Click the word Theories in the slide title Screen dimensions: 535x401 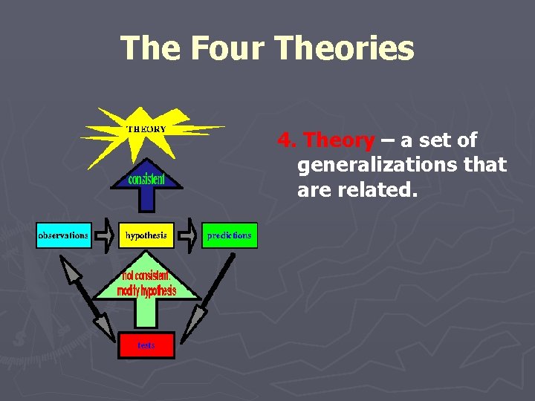pos(344,48)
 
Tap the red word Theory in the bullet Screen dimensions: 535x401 pos(339,140)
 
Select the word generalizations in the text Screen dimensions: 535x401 pos(378,164)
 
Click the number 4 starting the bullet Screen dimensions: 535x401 pos(284,140)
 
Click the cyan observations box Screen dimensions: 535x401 pos(63,235)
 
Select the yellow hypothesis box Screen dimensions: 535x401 pos(146,235)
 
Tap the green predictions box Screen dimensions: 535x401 pos(229,235)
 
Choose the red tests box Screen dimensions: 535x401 pos(146,345)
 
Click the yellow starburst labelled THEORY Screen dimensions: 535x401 pos(146,130)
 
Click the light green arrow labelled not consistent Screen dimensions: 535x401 pos(146,297)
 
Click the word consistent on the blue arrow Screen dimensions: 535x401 pos(146,179)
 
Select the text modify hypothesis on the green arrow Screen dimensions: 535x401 pos(146,290)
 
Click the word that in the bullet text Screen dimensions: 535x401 pos(482,164)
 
